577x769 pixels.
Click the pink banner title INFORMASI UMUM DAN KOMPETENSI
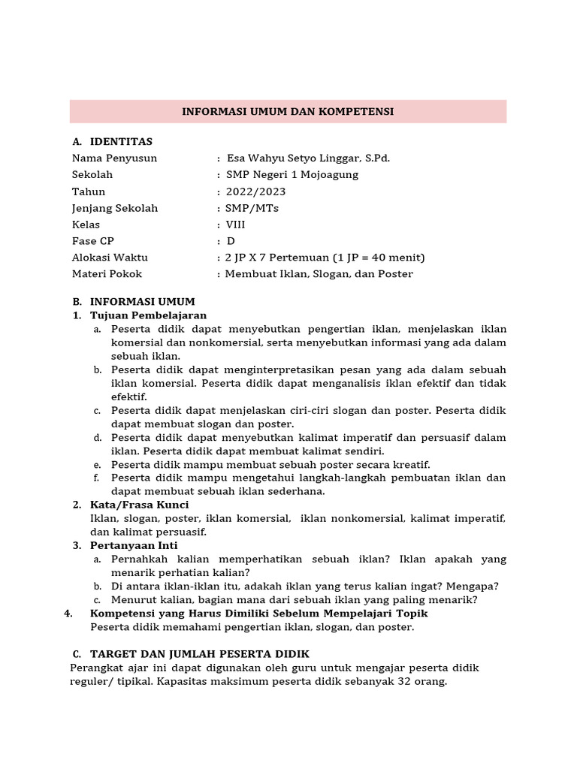click(x=288, y=111)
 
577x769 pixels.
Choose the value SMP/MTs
click(x=252, y=208)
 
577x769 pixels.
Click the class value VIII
click(x=235, y=225)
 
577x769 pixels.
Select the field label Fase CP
click(x=95, y=241)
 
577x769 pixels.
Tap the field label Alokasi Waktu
click(x=110, y=258)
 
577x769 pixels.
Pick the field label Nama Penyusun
click(x=114, y=158)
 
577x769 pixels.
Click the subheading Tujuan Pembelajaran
click(x=148, y=315)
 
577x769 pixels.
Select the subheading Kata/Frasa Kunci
click(x=139, y=505)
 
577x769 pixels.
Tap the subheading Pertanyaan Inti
click(x=134, y=545)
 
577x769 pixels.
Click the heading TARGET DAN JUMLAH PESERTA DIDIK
click(x=199, y=654)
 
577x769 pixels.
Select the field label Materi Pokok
click(x=107, y=274)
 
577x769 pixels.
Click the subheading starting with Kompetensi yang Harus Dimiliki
click(x=258, y=613)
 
